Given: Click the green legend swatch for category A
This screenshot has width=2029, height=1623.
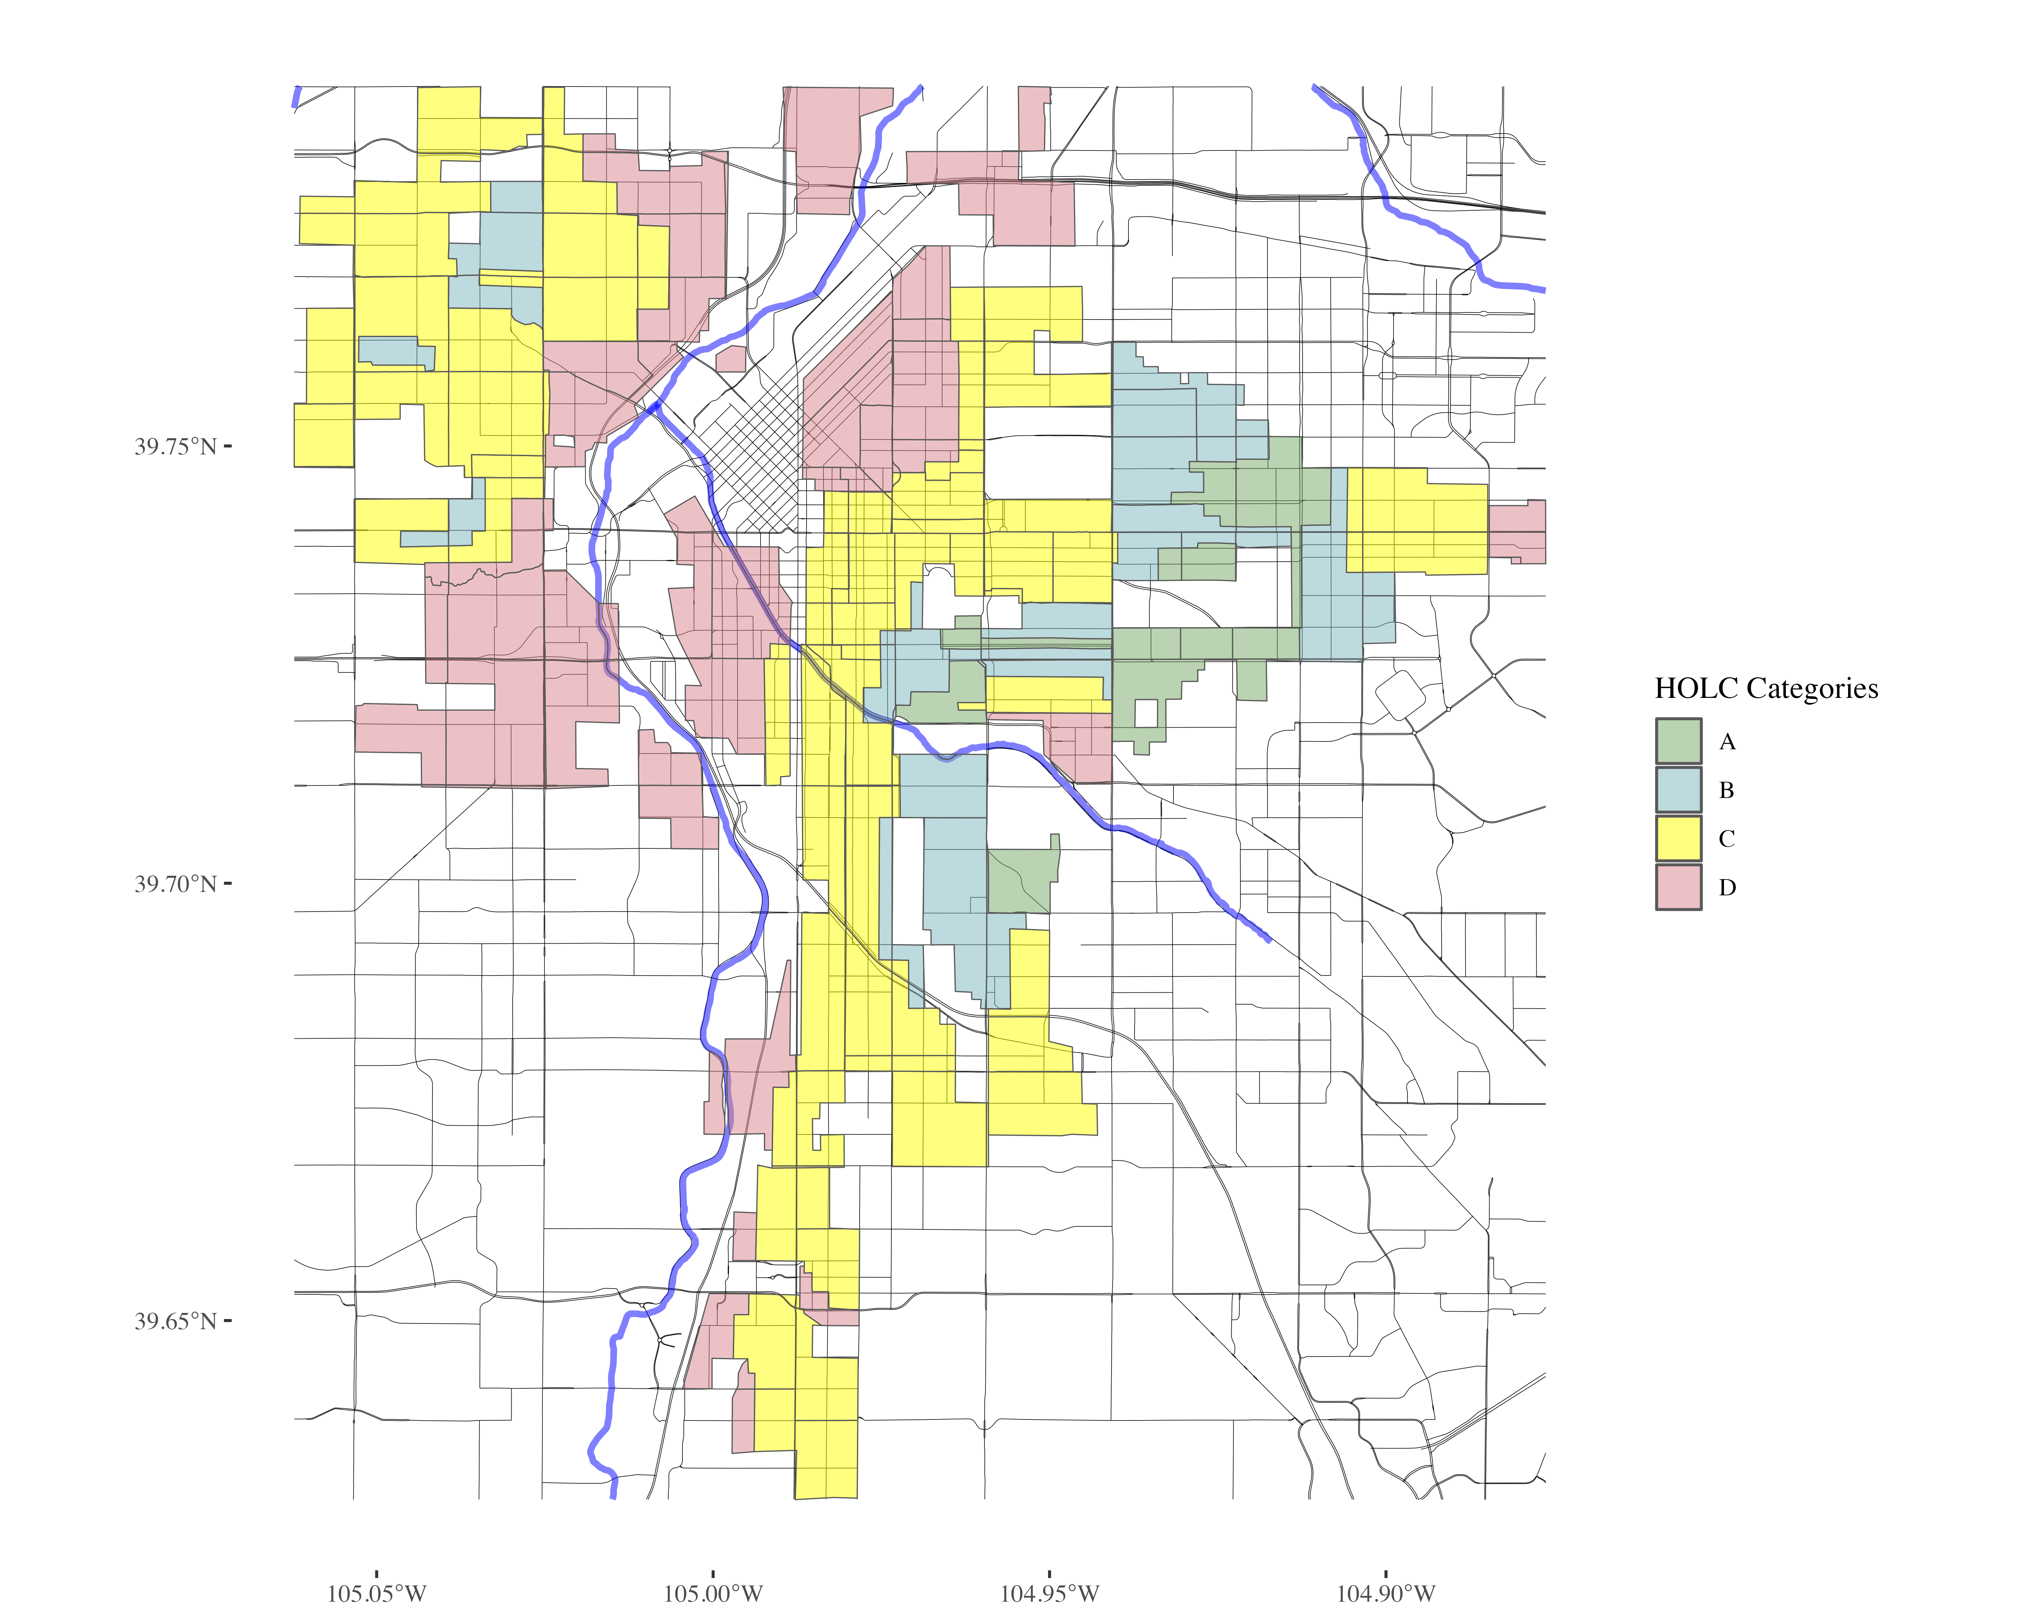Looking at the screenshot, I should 1678,740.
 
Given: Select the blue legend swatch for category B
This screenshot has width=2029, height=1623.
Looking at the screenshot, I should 1678,790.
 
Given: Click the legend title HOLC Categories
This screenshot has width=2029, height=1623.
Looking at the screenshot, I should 1766,689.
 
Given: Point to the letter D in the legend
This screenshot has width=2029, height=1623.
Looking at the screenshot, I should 1727,887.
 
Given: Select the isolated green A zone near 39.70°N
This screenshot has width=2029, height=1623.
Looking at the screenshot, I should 1021,880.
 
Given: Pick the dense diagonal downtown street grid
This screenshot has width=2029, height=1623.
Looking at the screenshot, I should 753,470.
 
